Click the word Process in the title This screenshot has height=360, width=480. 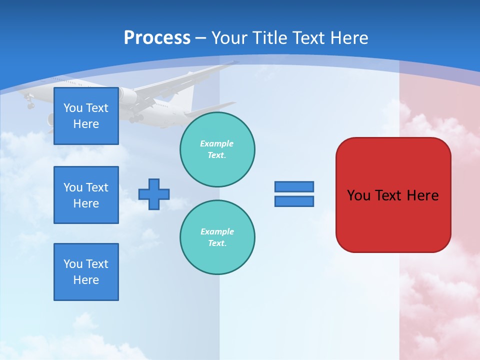[x=157, y=38]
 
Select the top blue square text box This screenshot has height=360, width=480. [x=86, y=116]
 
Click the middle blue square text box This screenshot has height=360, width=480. [x=86, y=195]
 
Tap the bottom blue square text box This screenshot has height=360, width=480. [x=86, y=272]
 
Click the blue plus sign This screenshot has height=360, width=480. [x=154, y=194]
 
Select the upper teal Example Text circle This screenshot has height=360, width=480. [x=217, y=149]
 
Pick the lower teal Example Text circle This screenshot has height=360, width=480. [x=217, y=237]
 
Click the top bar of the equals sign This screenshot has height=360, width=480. [x=294, y=186]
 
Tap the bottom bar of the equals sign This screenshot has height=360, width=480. [x=294, y=201]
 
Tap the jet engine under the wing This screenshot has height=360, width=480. [x=127, y=96]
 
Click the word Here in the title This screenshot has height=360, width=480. [x=349, y=38]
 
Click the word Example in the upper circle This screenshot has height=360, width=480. [x=217, y=143]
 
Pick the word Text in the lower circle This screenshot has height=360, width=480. [x=217, y=243]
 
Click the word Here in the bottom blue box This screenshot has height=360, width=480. [x=86, y=280]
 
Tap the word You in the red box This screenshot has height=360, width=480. [x=358, y=195]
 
